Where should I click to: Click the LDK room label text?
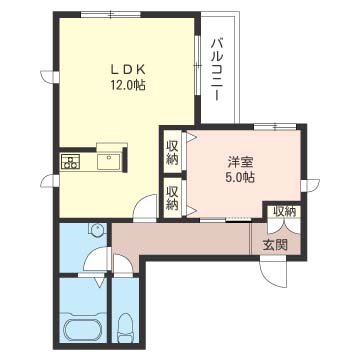pos(128,70)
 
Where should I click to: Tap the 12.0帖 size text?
pos(128,86)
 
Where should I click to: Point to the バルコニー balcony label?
pos(217,70)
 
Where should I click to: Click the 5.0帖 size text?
pos(240,177)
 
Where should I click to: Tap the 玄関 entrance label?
pos(275,246)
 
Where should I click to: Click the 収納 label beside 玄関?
pos(285,212)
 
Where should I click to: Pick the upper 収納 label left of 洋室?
pos(172,153)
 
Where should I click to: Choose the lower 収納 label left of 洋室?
pos(172,197)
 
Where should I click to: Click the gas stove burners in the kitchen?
pos(71,162)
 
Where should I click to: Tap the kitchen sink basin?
pos(109,162)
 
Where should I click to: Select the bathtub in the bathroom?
pos(83,329)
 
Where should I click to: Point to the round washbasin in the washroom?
pos(97,229)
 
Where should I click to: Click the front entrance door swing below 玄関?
pos(273,274)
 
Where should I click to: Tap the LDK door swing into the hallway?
pos(145,207)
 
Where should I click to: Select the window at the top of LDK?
pos(111,14)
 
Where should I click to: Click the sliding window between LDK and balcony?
pos(197,66)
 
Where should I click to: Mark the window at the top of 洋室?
pos(275,127)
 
